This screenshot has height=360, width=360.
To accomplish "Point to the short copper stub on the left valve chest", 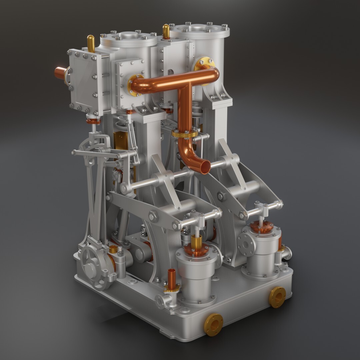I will pos(60,73).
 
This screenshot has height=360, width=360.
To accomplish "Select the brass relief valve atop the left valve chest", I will pos(91,43).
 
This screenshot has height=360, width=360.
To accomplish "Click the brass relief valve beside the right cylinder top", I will pos(166,31).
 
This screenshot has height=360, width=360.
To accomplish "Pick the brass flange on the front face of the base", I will pos(213,324).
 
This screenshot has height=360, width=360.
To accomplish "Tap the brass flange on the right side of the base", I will pos(277,297).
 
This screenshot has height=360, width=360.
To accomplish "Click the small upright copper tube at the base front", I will pos(172,279).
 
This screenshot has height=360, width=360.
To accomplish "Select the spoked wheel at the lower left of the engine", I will pos(92,267).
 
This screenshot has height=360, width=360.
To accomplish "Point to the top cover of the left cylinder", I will pos(128,37).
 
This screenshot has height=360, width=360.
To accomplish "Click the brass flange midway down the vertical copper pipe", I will pos(185,134).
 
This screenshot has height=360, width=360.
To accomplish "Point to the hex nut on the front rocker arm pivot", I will pos(154,216).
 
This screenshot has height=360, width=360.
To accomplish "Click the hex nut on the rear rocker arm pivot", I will pos(221,196).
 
